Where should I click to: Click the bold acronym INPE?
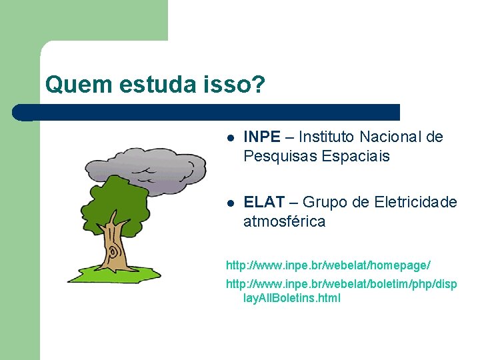(262, 137)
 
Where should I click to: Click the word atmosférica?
(284, 221)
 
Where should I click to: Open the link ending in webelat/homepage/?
(328, 265)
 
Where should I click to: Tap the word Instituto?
(327, 137)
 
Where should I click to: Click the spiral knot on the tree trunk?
(113, 253)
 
